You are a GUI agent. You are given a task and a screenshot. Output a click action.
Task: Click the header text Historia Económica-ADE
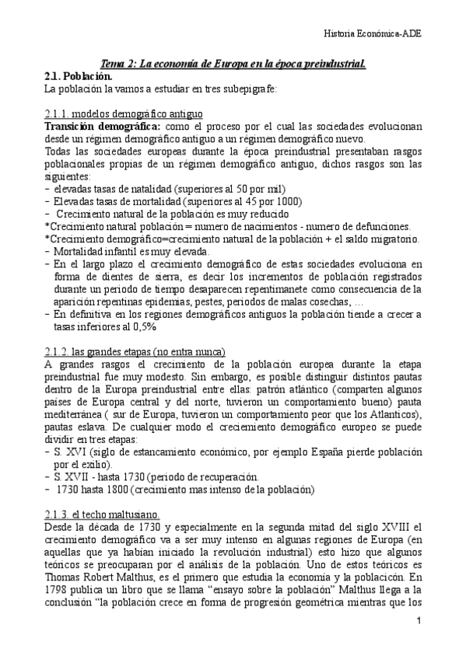tap(387, 34)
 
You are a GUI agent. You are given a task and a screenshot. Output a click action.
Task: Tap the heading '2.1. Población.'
tap(78, 76)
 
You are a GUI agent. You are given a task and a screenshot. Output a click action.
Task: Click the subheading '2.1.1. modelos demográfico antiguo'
tap(124, 113)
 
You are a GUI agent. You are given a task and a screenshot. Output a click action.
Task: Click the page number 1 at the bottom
tap(419, 621)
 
